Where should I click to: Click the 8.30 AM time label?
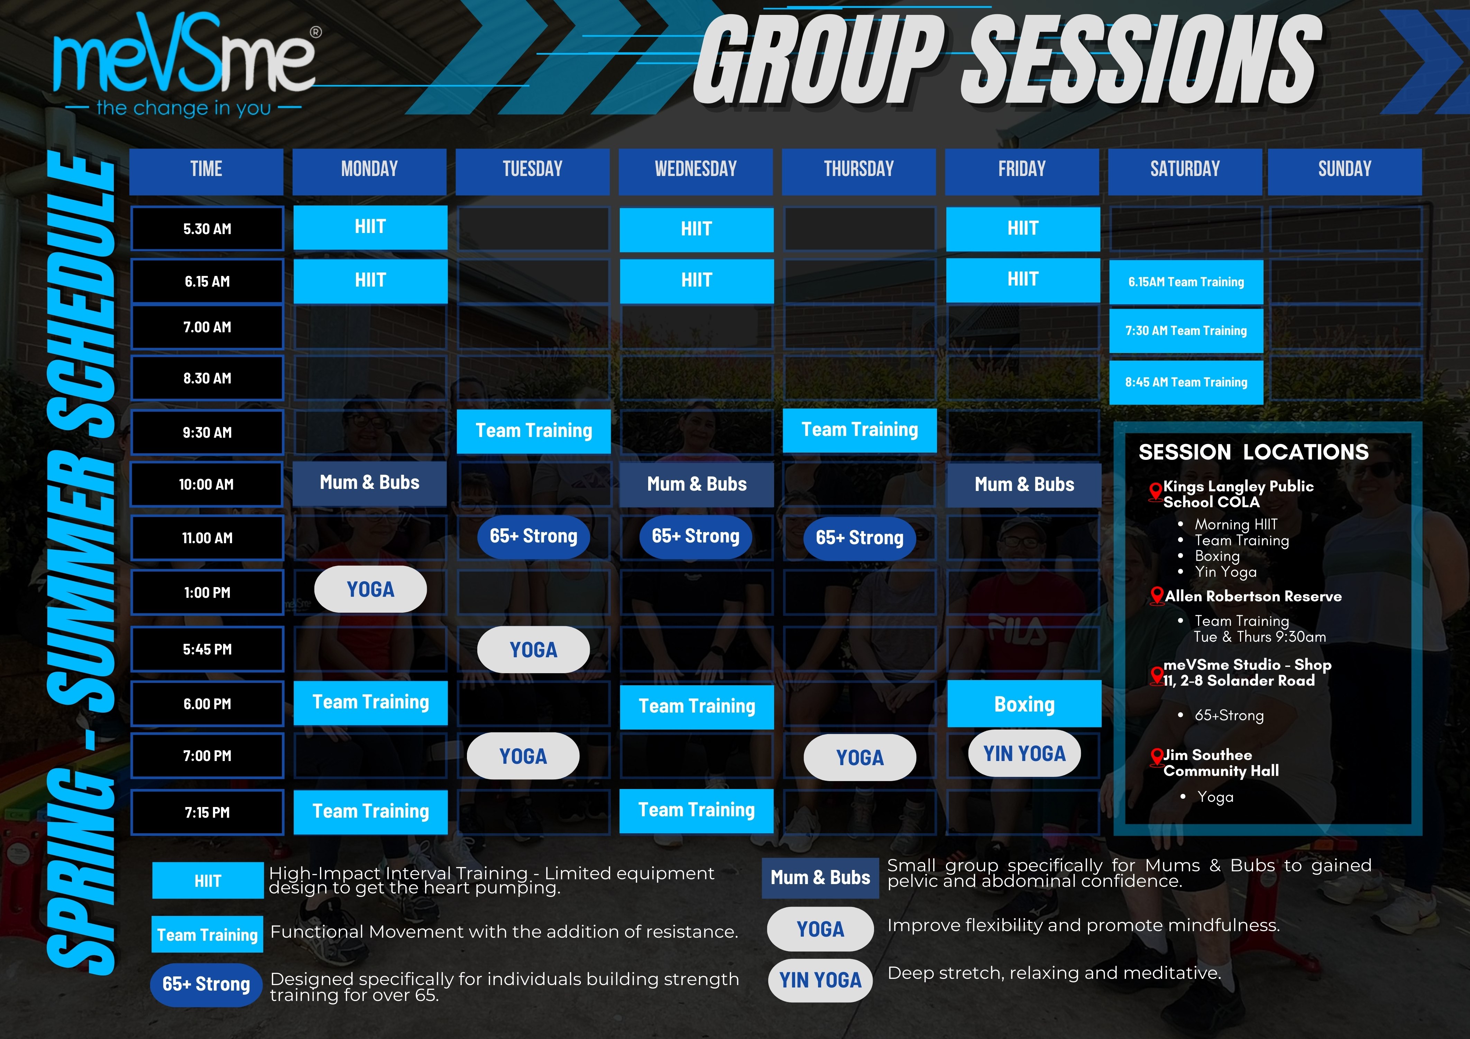(207, 378)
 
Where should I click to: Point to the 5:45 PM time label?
(207, 649)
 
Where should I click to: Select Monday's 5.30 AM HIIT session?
(370, 227)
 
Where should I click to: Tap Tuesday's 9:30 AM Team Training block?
(534, 431)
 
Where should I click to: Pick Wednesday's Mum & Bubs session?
(697, 485)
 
